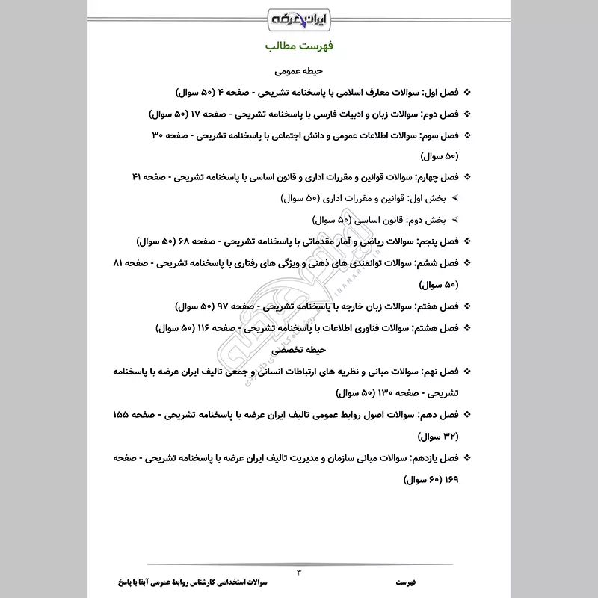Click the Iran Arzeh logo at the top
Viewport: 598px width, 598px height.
pyautogui.click(x=299, y=16)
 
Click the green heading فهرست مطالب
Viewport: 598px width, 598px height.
pyautogui.click(x=299, y=46)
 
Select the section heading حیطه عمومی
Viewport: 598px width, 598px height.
pyautogui.click(x=299, y=72)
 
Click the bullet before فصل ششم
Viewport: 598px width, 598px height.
pyautogui.click(x=468, y=264)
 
